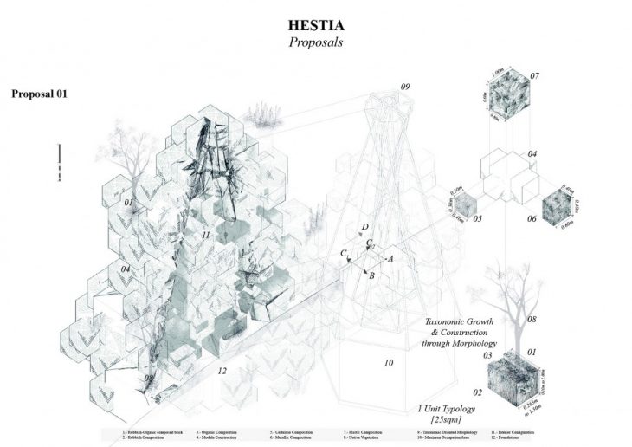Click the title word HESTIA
coord(316,16)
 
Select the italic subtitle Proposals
coord(316,40)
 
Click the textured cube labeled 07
coord(507,102)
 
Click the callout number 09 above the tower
coord(406,87)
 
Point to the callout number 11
coord(205,235)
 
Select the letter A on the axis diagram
coord(390,258)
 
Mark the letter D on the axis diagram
coord(365,227)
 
